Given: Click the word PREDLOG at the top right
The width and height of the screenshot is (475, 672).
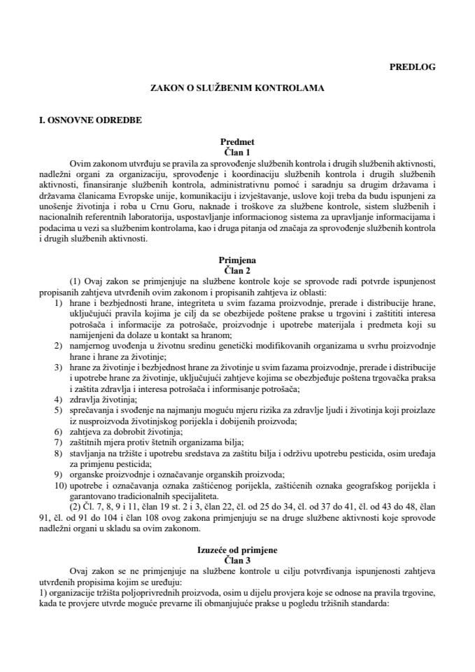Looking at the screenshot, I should coord(412,67).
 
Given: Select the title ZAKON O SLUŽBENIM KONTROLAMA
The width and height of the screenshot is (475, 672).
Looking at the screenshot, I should coord(237,90).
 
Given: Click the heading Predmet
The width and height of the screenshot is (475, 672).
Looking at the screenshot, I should coord(237,141).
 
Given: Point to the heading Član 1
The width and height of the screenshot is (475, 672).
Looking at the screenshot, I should coord(237,151).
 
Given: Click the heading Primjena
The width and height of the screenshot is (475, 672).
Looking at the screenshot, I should coord(237,258).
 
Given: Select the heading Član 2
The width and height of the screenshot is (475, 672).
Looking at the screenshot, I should coord(237,268).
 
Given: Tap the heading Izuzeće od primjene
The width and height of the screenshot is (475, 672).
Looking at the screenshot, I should coord(237,551).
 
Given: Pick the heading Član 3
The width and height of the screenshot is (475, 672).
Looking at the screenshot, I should coord(237,561).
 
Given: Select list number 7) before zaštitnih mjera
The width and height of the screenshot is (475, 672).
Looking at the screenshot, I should coord(58,444).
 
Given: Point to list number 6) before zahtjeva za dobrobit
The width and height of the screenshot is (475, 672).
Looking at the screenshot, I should coord(58,433).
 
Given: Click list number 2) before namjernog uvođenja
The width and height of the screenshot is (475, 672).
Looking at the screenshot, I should coord(58,347).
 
